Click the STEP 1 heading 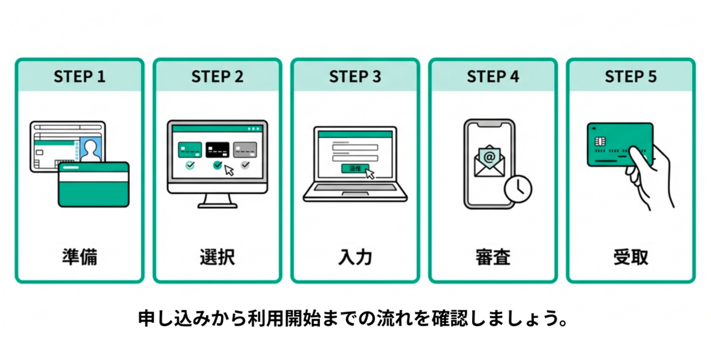79,77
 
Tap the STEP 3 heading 355,77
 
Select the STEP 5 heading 630,77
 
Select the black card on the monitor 217,149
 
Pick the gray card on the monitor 245,149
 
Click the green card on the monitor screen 190,149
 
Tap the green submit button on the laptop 354,169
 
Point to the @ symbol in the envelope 489,157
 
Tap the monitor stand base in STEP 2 217,205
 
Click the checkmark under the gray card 245,165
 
